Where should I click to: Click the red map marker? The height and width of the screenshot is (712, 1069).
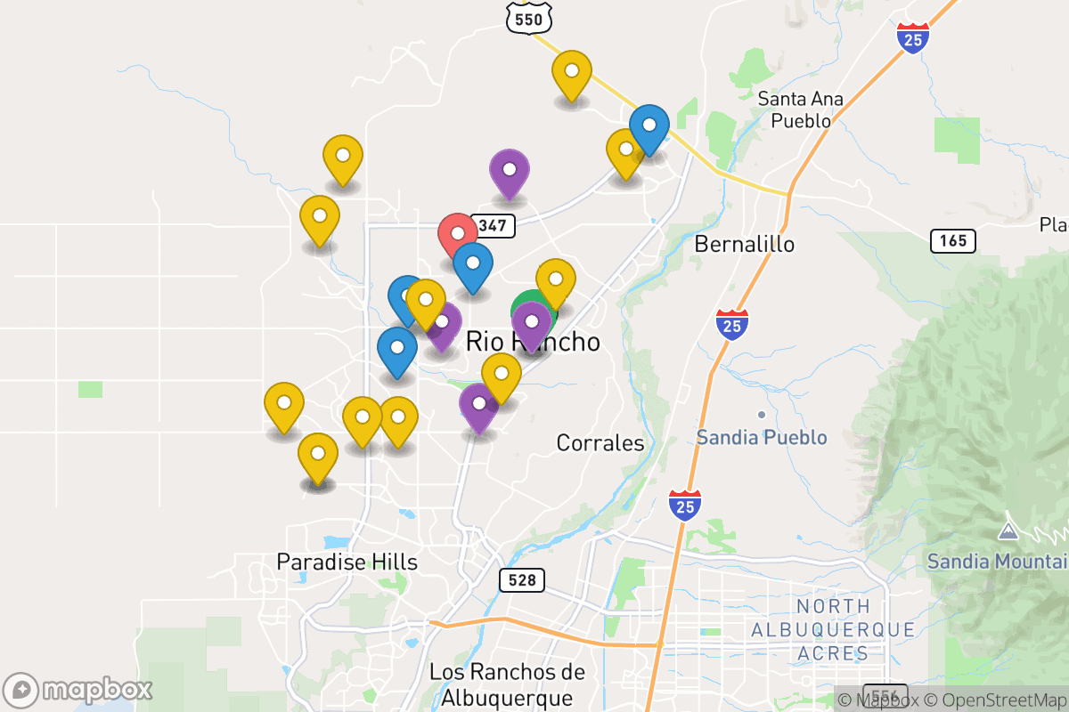(457, 234)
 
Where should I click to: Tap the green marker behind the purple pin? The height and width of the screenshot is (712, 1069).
(524, 310)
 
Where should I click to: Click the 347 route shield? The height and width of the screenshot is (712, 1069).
(491, 225)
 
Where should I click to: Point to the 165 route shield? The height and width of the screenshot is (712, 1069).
(952, 240)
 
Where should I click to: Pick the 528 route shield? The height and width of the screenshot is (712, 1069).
(521, 580)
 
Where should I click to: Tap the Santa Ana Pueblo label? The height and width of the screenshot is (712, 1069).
(801, 109)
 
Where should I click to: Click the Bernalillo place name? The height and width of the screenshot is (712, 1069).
(744, 244)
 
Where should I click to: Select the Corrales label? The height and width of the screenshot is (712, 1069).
(600, 442)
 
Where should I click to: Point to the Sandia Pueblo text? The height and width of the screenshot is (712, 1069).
(762, 438)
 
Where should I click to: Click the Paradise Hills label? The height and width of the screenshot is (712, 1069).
(347, 562)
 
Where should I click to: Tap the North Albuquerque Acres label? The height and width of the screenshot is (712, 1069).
(833, 630)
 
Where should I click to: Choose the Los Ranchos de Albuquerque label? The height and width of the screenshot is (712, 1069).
(507, 684)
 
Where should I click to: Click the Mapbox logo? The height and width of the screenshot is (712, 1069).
(78, 690)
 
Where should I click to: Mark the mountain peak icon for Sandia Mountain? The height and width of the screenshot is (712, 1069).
(1008, 531)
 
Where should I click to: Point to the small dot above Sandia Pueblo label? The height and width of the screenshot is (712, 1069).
(762, 415)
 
